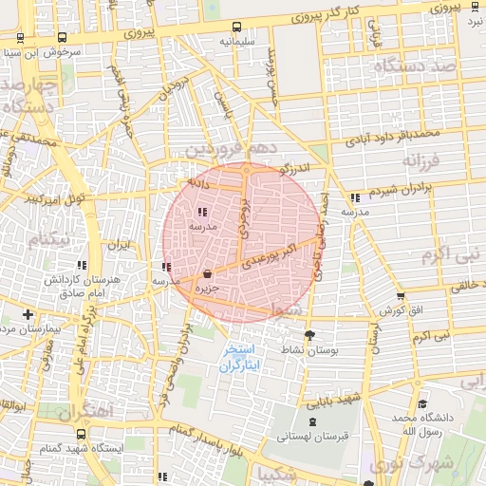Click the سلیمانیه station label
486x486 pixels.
coord(237,42)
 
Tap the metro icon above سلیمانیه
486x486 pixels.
coord(236,28)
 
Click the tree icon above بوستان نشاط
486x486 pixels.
coord(309,335)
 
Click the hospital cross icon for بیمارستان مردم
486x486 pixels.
coord(28,313)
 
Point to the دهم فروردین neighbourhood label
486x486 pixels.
coord(232,149)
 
